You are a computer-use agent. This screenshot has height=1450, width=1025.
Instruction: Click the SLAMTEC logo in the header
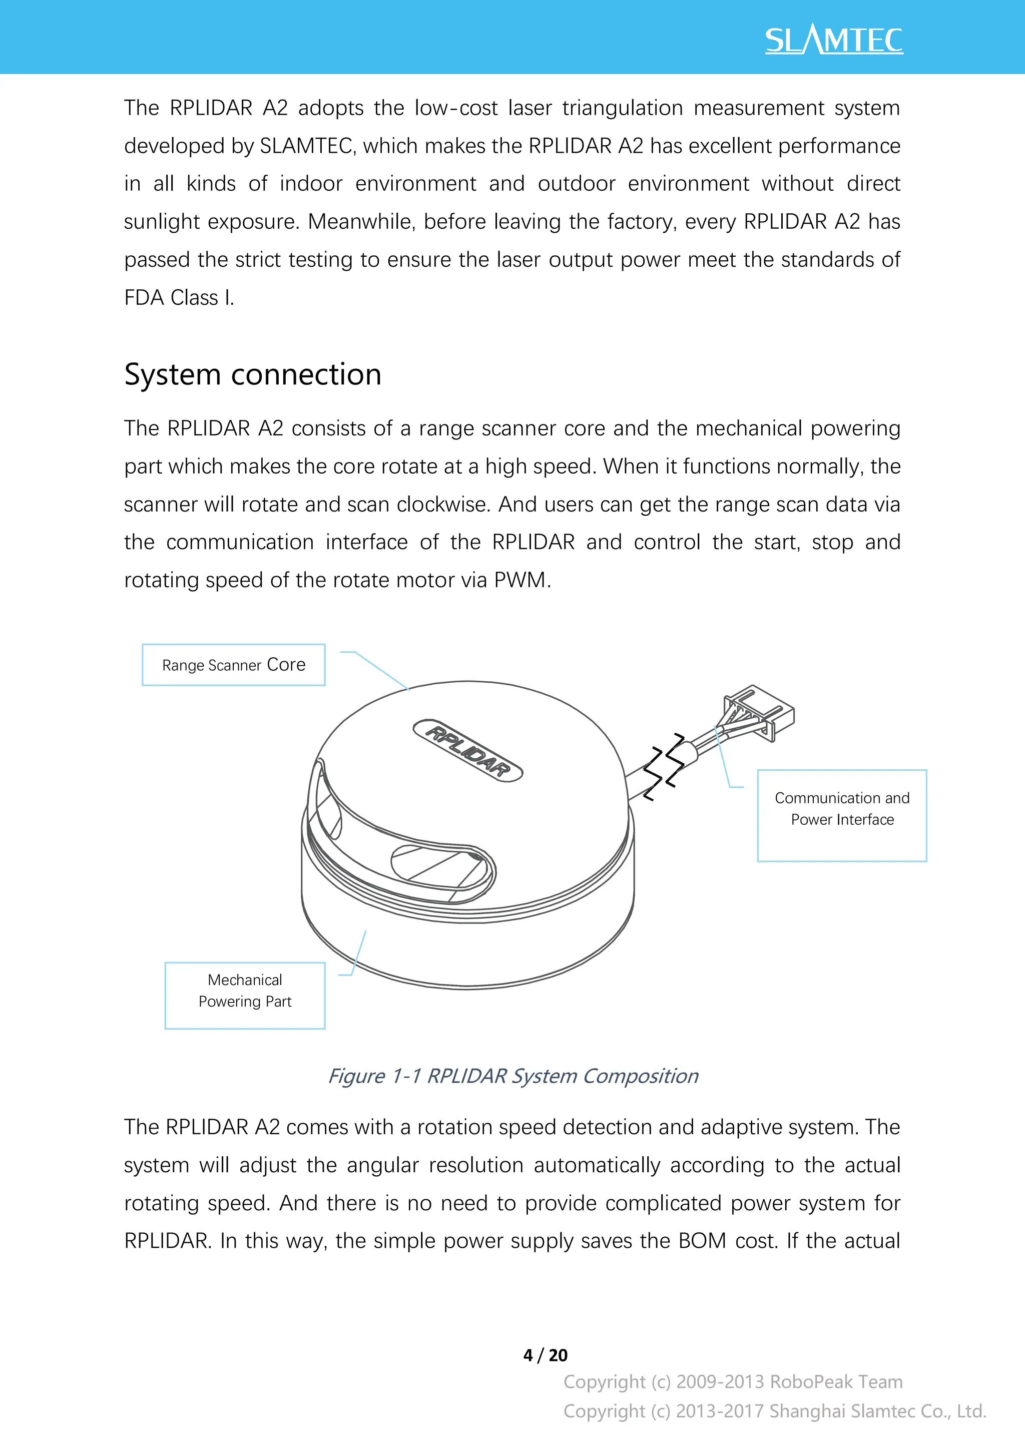tap(834, 41)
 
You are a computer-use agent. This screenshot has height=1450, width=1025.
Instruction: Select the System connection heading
tap(253, 374)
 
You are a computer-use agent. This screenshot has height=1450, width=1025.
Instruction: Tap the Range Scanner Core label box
tap(234, 665)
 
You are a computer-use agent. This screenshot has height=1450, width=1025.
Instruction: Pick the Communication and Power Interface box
tap(842, 815)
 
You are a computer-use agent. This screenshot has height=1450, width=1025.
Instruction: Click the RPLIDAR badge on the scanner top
tap(468, 750)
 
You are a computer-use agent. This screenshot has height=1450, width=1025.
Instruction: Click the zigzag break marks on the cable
tap(664, 767)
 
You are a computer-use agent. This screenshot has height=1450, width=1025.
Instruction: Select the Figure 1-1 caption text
tap(513, 1076)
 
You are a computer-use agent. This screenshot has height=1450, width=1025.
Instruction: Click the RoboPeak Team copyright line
tap(733, 1382)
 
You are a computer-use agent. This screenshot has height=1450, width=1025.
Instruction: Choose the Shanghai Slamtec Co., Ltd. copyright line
tap(774, 1411)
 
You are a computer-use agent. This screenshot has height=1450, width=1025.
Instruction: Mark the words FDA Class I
tap(179, 297)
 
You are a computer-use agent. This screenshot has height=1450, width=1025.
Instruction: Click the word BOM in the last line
tap(702, 1241)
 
